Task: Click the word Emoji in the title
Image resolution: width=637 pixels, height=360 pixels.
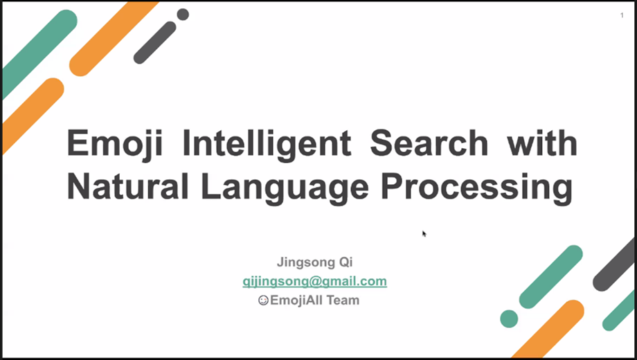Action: pos(114,144)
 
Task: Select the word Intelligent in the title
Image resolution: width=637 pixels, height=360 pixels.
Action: pos(267,144)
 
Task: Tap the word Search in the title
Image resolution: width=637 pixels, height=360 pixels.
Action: pos(429,143)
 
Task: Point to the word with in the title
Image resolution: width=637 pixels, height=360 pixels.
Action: pos(542,143)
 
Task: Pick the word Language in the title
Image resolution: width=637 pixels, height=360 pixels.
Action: pos(285,188)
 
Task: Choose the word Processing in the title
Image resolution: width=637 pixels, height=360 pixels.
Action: pos(476,188)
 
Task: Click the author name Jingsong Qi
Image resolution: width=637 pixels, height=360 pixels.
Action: pos(315,262)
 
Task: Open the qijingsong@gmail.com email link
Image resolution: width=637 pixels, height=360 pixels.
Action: pos(315,282)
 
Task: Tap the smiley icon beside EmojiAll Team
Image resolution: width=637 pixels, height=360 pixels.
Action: pos(263,300)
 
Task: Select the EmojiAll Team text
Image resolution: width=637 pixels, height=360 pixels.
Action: pos(315,300)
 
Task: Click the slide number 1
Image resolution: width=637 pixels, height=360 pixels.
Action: pos(622,15)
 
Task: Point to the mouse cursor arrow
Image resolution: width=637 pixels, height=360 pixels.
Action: pos(424,233)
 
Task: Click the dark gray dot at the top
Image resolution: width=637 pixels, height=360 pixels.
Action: pos(183,15)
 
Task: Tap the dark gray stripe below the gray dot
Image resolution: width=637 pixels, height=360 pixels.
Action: pos(155,43)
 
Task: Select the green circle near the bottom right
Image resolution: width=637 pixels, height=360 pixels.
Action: pos(509,318)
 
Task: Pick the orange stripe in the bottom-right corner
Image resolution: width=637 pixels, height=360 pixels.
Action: pos(548,329)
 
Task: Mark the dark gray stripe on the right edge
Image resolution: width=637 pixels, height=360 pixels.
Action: pos(615,264)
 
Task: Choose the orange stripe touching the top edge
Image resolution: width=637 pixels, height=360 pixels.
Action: pos(113,39)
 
